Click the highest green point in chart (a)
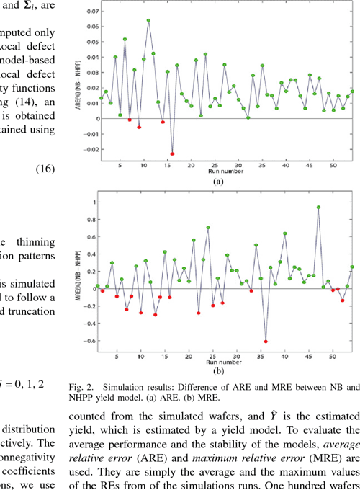[x=149, y=20]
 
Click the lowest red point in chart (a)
[x=172, y=153]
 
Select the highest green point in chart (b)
[x=318, y=208]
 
